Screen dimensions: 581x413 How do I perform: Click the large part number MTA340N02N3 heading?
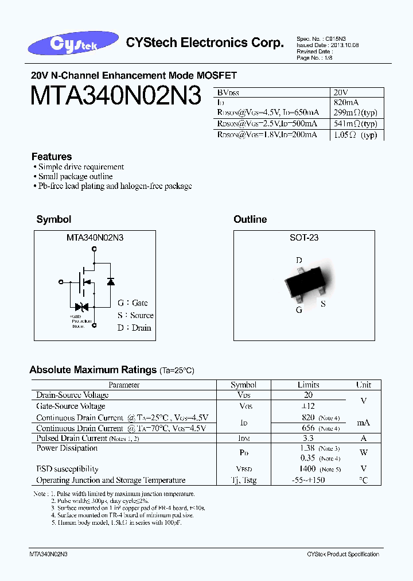pyautogui.click(x=115, y=96)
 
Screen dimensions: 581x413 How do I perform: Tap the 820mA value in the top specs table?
pyautogui.click(x=345, y=102)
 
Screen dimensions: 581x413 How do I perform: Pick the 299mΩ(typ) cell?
pyautogui.click(x=354, y=113)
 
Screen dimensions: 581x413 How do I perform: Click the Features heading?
pyautogui.click(x=52, y=157)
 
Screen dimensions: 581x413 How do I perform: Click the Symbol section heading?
pyautogui.click(x=53, y=219)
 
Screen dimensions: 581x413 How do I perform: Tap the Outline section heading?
pyautogui.click(x=250, y=219)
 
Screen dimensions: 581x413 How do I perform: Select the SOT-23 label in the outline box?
pyautogui.click(x=304, y=238)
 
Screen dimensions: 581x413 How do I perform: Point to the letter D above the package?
pyautogui.click(x=299, y=261)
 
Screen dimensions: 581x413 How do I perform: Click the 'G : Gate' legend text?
pyautogui.click(x=133, y=303)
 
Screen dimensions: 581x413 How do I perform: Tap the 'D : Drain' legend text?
pyautogui.click(x=134, y=328)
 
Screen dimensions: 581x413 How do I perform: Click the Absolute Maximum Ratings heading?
pyautogui.click(x=93, y=370)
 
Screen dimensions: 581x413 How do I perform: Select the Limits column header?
pyautogui.click(x=308, y=385)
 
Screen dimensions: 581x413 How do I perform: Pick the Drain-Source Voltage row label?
pyautogui.click(x=72, y=395)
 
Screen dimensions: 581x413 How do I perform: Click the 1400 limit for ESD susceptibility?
pyautogui.click(x=307, y=469)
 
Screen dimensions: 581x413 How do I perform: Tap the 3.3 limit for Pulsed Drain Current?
pyautogui.click(x=307, y=438)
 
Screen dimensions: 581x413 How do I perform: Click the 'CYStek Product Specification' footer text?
pyautogui.click(x=343, y=554)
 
